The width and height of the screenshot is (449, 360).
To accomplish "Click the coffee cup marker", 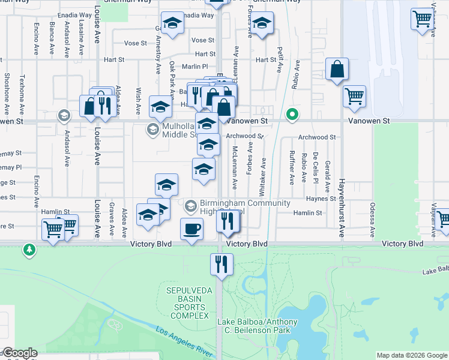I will coord(191,229).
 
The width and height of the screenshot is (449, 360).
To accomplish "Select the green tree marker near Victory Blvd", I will coord(28,249).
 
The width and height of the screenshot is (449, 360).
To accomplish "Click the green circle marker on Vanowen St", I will coord(292,114).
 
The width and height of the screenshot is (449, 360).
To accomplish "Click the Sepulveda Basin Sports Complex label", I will coord(188,303).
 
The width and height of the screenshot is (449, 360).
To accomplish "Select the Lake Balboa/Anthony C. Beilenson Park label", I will coord(257,326).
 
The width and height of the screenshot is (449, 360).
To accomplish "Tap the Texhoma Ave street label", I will coord(22,94).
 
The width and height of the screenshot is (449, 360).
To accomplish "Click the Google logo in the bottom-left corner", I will coord(19,353).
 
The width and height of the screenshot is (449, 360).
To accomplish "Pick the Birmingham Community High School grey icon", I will coord(190,206).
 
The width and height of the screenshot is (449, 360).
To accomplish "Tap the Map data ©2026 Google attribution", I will coord(412,355).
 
